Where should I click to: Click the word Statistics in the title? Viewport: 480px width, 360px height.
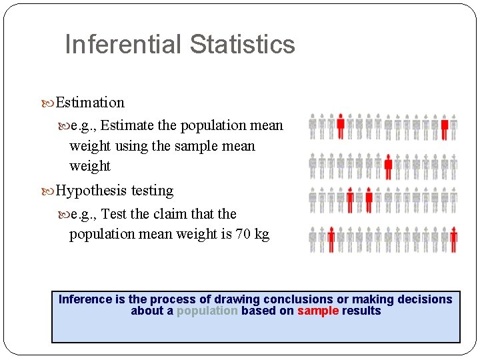pos(241,45)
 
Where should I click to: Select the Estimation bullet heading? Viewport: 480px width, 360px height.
pos(90,103)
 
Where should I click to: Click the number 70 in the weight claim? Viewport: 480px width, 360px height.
pos(243,235)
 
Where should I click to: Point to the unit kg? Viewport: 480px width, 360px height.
pos(261,235)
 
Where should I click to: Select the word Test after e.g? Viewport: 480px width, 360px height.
pos(114,214)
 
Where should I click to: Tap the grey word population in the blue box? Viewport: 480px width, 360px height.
pos(207,311)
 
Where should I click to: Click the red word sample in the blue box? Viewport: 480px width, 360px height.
pos(318,311)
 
